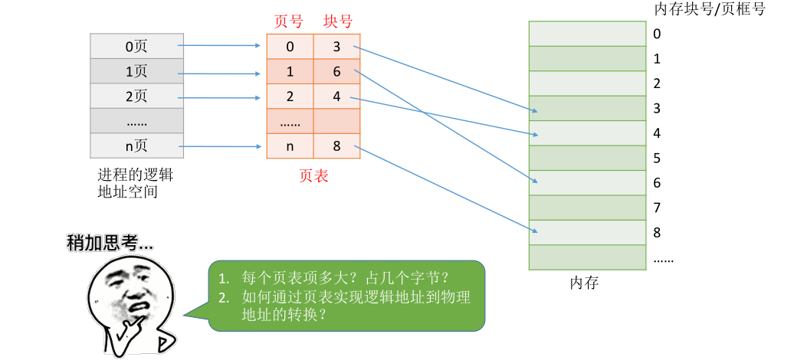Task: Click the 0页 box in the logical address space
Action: [x=136, y=46]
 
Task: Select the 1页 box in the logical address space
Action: [x=136, y=71]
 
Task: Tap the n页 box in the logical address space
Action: [x=136, y=146]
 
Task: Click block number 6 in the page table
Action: [x=337, y=72]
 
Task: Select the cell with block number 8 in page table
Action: [x=337, y=146]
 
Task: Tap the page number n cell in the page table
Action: [x=290, y=146]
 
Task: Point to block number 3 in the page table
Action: [x=337, y=47]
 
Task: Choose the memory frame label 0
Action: [x=657, y=34]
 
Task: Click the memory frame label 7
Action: [x=657, y=208]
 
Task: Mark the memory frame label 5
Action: [x=657, y=159]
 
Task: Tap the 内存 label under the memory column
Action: [x=584, y=283]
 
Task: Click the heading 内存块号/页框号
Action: [x=709, y=9]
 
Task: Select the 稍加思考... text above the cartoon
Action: [x=110, y=244]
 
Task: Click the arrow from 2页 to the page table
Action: [x=218, y=97]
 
